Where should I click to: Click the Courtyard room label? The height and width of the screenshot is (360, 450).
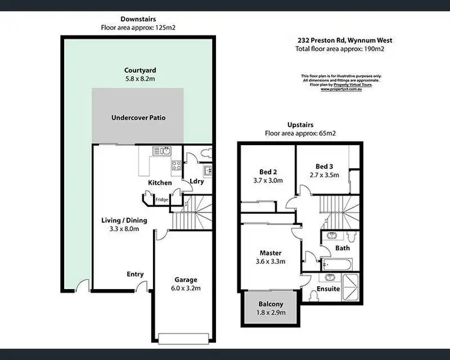click(x=139, y=70)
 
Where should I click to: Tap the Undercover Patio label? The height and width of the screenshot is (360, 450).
click(x=139, y=118)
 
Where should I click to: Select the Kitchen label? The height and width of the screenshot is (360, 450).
click(x=160, y=183)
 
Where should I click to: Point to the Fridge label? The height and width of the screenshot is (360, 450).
click(x=162, y=199)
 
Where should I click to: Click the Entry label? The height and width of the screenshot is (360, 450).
click(x=135, y=274)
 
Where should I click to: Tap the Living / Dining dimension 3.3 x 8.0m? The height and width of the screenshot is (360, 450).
click(x=124, y=229)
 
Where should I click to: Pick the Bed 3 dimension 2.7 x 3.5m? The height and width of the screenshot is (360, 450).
click(x=324, y=175)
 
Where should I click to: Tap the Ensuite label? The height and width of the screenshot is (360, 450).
click(x=328, y=289)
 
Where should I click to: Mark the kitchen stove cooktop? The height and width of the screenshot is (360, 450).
click(x=176, y=166)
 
